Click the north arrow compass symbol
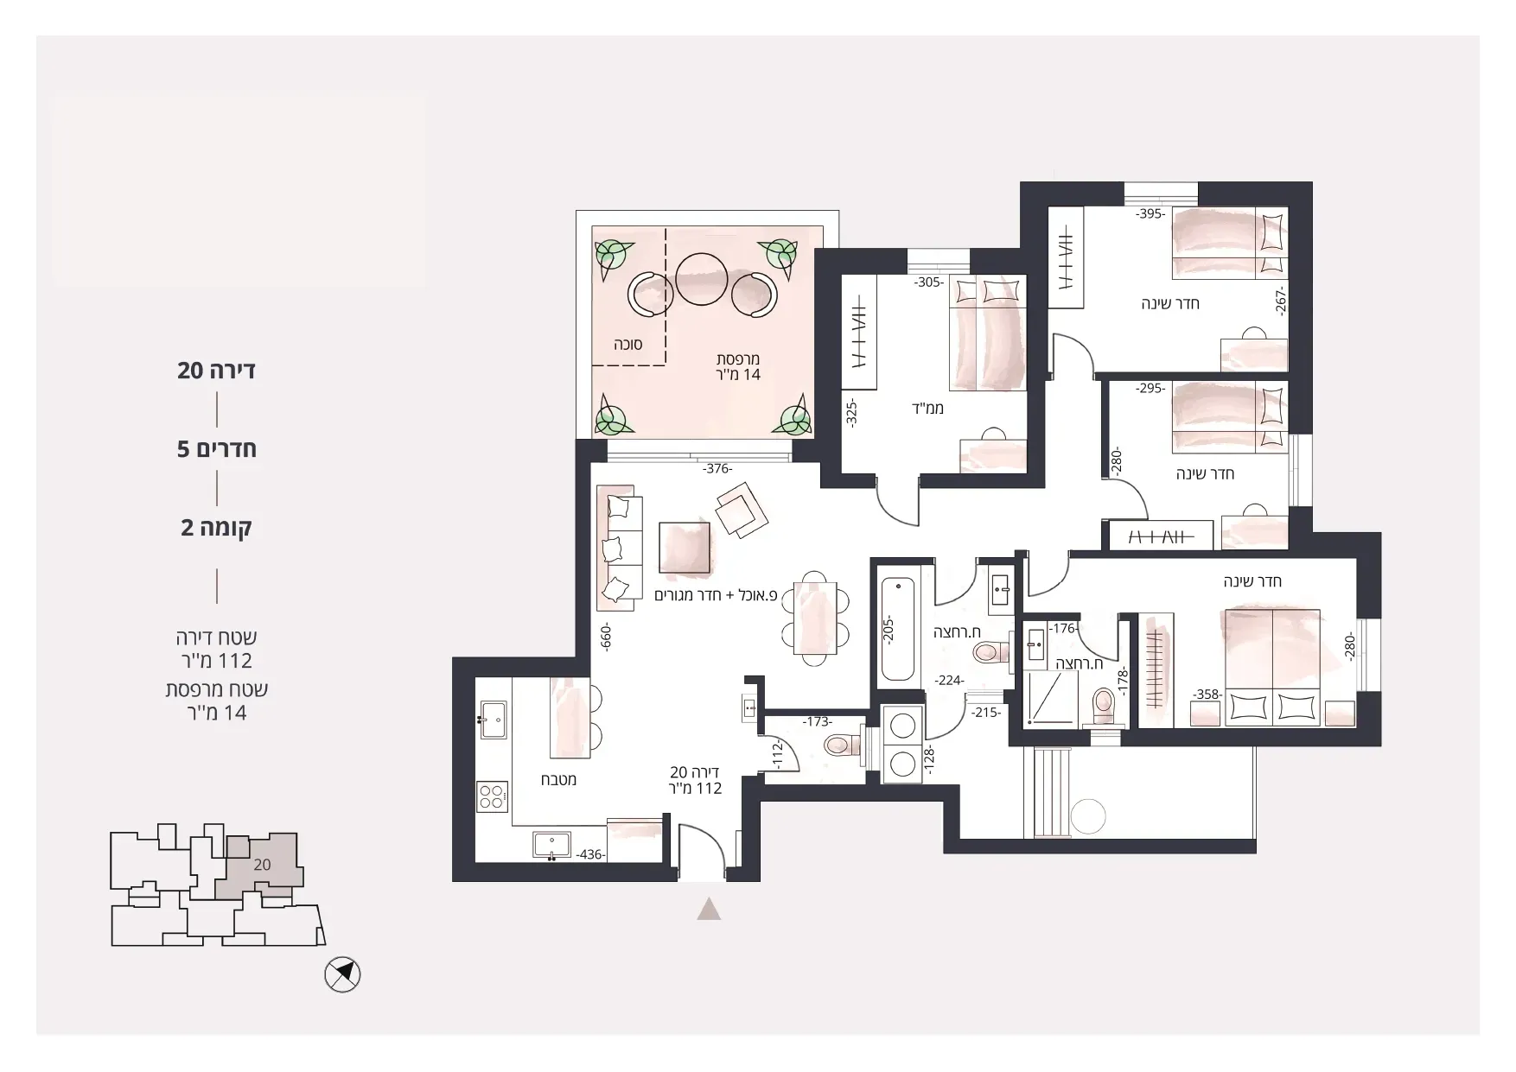(x=342, y=975)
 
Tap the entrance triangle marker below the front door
(x=709, y=909)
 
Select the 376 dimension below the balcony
(x=717, y=469)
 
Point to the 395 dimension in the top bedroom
(x=1151, y=213)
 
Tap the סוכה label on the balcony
(x=627, y=344)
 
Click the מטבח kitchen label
(x=558, y=779)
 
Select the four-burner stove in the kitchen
(x=493, y=796)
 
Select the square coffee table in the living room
(x=685, y=547)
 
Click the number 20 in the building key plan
(x=263, y=865)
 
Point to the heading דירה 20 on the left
(x=216, y=371)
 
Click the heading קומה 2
(x=216, y=527)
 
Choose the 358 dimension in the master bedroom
(x=1207, y=694)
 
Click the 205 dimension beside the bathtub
(x=888, y=628)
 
